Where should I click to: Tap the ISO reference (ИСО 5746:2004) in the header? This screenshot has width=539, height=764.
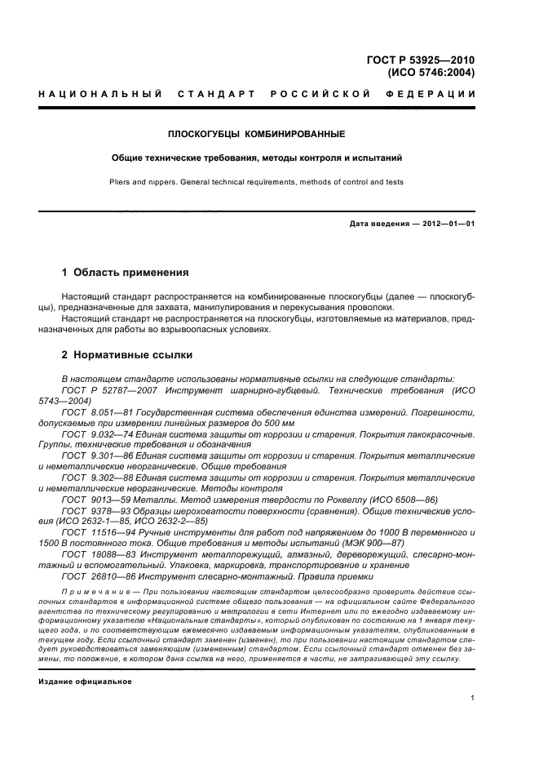pos(431,73)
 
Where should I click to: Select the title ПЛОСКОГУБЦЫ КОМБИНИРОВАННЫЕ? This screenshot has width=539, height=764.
pos(256,133)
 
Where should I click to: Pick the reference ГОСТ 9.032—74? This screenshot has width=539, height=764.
pos(95,434)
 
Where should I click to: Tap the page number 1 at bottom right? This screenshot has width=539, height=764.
pos(473,699)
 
